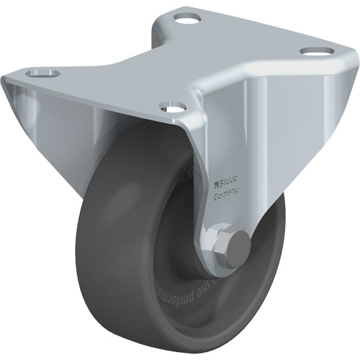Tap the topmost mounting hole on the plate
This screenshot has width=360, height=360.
(186, 18)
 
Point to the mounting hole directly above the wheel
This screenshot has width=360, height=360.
(171, 109)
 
